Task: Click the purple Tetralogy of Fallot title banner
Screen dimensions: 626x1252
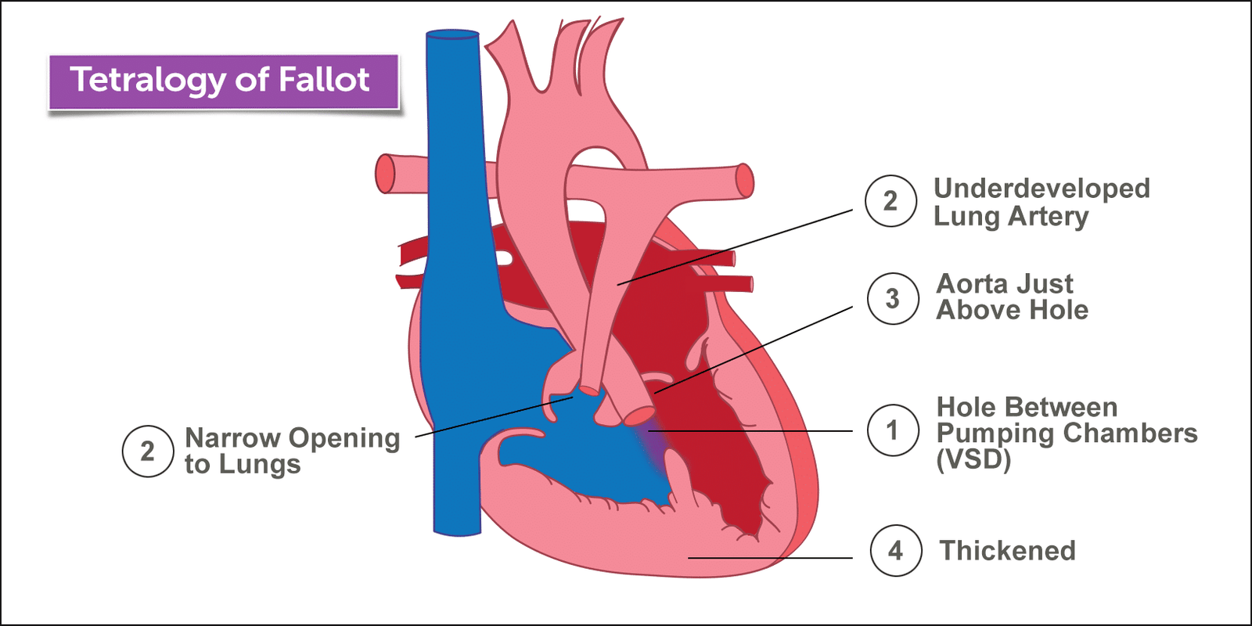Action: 224,81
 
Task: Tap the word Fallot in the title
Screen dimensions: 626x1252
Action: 324,80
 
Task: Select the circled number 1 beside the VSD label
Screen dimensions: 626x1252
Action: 892,430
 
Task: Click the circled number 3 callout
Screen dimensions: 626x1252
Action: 892,298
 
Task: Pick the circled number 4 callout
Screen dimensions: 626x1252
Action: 895,551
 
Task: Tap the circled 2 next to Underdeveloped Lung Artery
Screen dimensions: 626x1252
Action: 890,201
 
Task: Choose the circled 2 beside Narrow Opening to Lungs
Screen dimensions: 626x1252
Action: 147,452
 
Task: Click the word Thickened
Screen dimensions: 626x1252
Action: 1008,551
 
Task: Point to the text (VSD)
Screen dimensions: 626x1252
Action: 973,459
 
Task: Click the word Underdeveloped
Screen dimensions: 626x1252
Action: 1042,189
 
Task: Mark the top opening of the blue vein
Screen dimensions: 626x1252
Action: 452,35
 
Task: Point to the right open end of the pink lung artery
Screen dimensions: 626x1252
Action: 744,181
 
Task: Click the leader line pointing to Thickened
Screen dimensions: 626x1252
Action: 771,558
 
